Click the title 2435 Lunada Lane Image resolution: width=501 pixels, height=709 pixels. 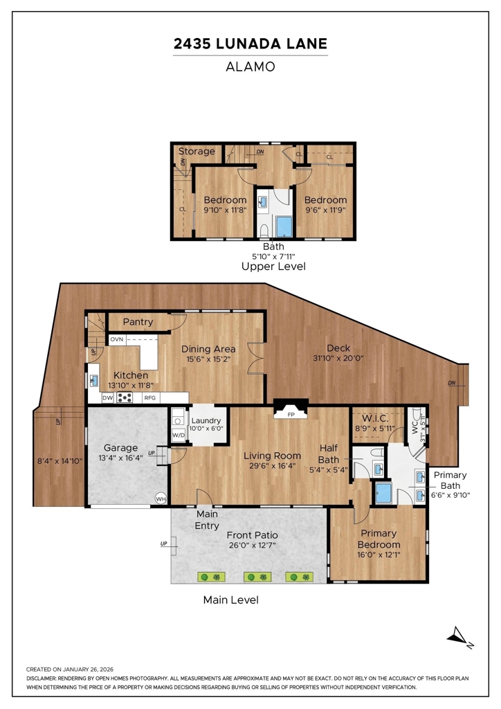250,44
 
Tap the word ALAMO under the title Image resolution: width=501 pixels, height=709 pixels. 250,67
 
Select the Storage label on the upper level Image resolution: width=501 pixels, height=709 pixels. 197,152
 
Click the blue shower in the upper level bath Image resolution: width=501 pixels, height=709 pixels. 284,226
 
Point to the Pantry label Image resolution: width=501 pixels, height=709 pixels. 138,322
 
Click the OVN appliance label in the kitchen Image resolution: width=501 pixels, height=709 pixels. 116,339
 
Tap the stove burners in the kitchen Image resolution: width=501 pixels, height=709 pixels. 125,397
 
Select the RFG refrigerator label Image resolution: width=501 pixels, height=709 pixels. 149,398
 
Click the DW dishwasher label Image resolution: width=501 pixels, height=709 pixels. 107,398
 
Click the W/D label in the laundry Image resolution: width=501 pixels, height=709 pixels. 179,436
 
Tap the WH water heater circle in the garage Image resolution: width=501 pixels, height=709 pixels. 161,499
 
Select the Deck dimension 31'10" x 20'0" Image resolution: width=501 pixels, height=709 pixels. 338,359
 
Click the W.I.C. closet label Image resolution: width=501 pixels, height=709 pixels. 374,419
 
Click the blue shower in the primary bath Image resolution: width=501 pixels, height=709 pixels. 383,492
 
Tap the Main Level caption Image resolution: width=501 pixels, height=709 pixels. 231,600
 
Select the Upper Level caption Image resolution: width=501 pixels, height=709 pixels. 273,267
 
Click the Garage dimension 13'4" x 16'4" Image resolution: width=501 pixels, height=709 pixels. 120,458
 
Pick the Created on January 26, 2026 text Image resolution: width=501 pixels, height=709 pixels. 70,670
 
